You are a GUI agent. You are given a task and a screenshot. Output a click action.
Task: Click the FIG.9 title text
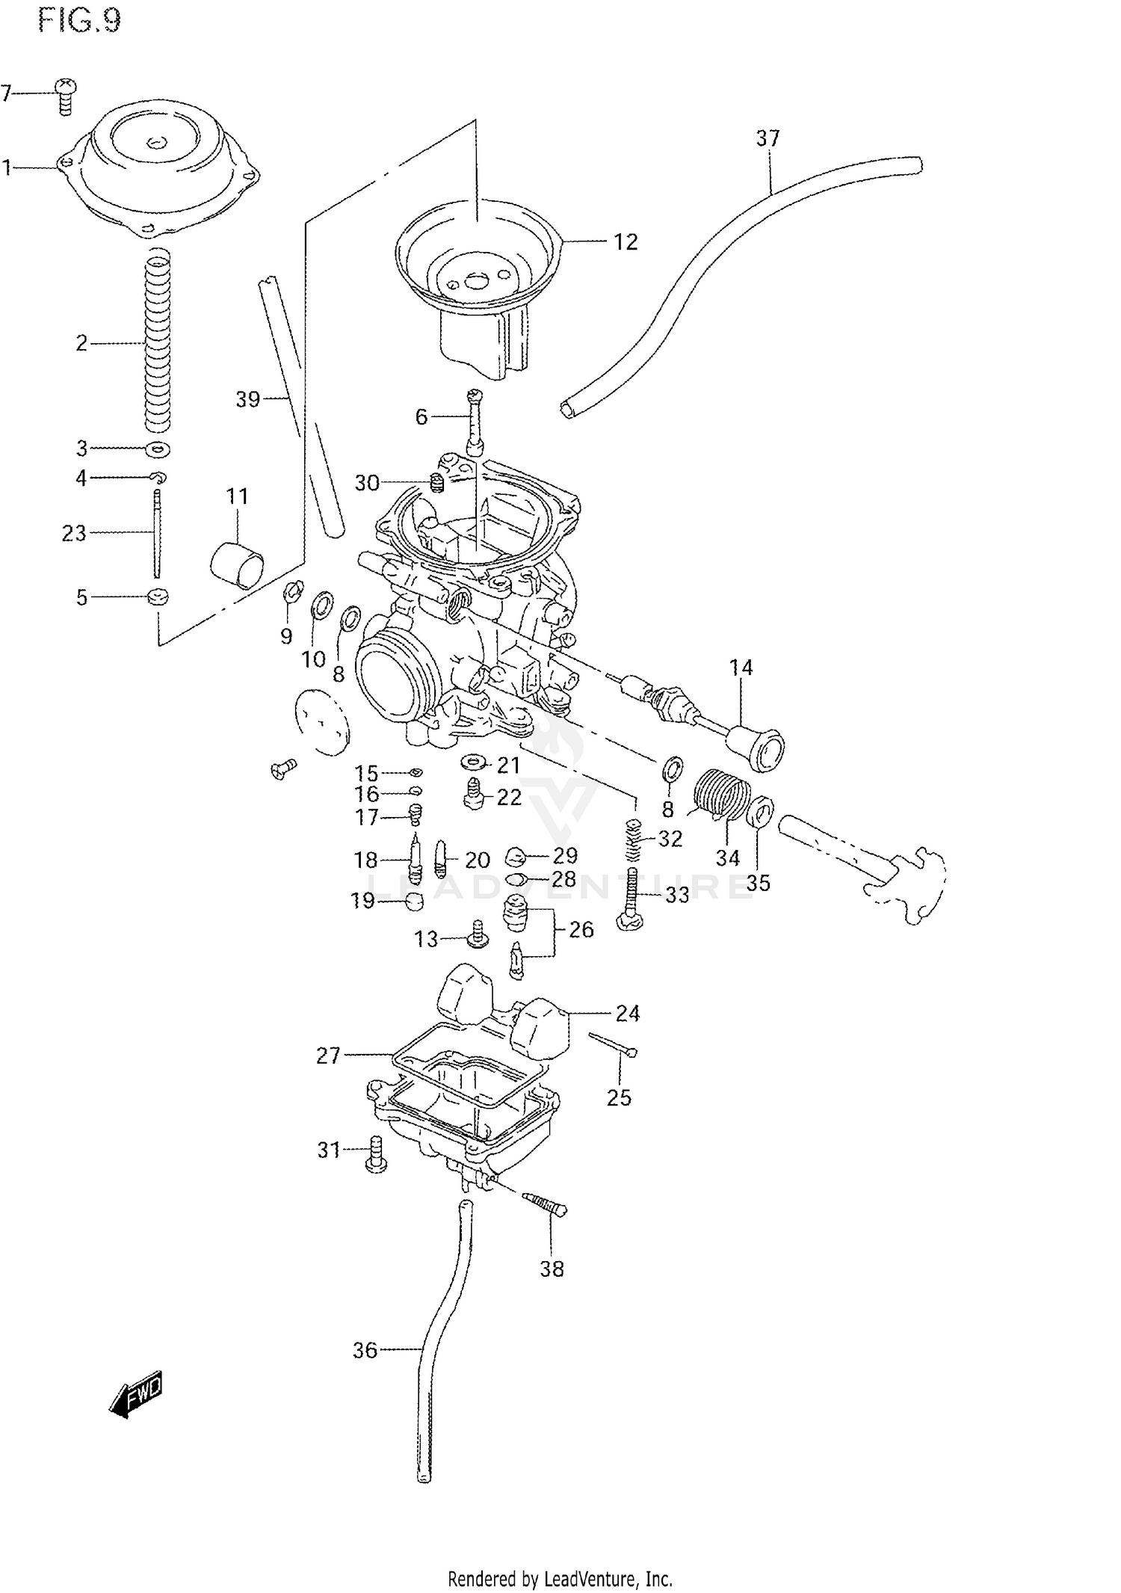pos(78,21)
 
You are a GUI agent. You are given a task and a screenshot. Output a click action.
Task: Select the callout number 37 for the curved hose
pos(768,138)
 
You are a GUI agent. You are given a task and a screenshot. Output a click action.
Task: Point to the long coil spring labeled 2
pos(158,343)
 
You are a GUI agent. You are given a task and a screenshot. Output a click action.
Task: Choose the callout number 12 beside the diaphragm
pos(626,242)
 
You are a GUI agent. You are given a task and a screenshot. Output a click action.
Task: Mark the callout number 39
pos(247,399)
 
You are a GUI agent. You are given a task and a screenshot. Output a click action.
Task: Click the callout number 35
pos(758,883)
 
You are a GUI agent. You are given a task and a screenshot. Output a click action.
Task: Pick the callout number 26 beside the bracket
pos(581,929)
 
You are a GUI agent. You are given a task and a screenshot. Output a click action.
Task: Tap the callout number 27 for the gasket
pos(328,1056)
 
